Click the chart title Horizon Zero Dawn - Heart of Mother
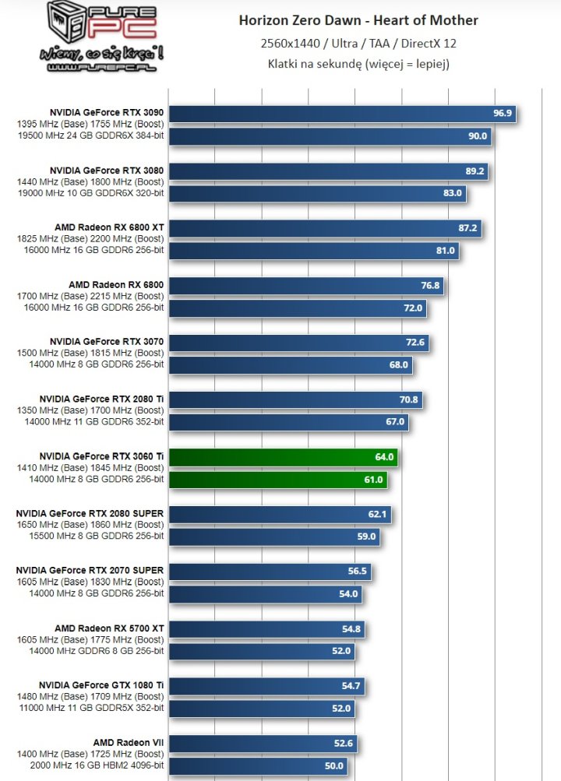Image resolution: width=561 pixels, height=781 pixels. click(358, 20)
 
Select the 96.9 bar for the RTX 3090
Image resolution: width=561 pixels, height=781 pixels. click(343, 114)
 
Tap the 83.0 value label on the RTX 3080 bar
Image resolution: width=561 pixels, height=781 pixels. click(452, 193)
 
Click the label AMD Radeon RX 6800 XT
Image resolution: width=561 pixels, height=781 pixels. click(109, 227)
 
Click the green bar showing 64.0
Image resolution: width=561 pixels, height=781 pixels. click(284, 457)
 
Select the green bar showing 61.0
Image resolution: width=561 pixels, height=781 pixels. click(278, 480)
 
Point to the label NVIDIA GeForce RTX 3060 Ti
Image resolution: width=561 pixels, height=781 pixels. click(101, 456)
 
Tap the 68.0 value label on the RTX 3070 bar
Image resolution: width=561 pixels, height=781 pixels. click(399, 364)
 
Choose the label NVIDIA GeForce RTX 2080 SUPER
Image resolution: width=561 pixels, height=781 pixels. click(90, 513)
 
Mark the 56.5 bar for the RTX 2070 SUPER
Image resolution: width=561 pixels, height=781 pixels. click(270, 572)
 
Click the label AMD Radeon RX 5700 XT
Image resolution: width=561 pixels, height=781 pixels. click(109, 628)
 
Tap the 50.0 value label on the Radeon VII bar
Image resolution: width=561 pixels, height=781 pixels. click(333, 766)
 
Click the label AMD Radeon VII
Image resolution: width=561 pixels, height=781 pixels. click(129, 742)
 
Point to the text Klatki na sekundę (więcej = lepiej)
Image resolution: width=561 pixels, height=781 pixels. click(358, 64)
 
